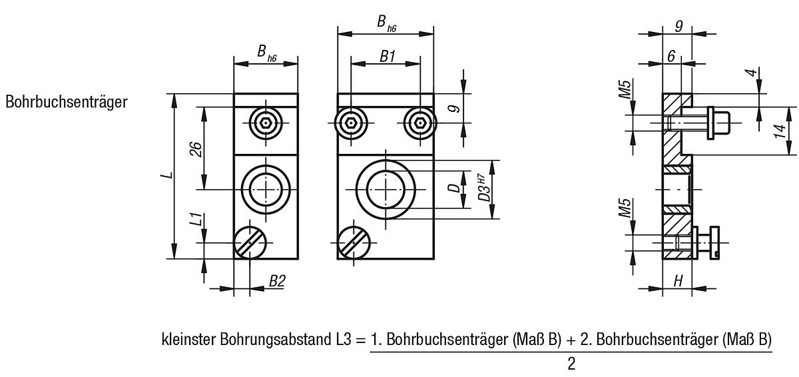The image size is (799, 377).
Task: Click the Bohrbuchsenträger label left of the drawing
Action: (67, 103)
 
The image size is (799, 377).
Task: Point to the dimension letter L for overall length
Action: (170, 175)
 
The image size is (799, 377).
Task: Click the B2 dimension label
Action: (276, 281)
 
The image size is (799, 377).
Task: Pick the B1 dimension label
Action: (388, 57)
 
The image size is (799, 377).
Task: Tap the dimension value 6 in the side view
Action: (672, 57)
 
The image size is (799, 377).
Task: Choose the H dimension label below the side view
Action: (678, 281)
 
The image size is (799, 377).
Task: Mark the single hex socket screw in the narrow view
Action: (266, 123)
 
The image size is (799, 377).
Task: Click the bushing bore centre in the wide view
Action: (386, 190)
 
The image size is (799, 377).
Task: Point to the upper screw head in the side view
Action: (718, 123)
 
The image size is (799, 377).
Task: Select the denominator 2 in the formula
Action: (571, 365)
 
